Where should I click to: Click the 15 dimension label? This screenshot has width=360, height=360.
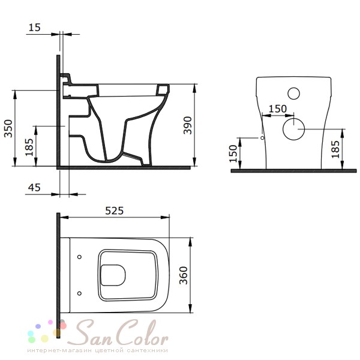click(34, 27)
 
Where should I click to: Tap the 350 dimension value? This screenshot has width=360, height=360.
click(8, 128)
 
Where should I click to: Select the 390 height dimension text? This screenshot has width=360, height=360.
click(188, 125)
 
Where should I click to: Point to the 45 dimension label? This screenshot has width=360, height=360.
click(34, 188)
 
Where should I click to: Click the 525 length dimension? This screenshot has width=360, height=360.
click(115, 211)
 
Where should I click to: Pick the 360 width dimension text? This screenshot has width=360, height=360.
click(184, 275)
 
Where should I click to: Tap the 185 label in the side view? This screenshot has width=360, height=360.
click(29, 147)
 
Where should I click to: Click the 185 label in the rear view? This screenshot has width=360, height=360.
click(335, 149)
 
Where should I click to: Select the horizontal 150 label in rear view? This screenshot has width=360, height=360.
click(278, 109)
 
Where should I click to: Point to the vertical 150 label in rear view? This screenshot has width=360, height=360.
click(233, 154)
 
